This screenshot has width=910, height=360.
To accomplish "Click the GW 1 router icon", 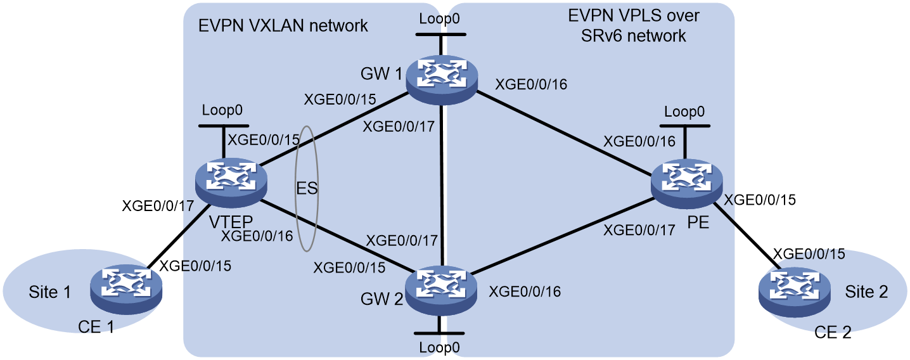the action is pyautogui.click(x=442, y=80).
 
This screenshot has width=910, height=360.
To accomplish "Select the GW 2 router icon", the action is pyautogui.click(x=441, y=290).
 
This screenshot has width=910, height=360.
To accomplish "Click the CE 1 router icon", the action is pyautogui.click(x=126, y=290).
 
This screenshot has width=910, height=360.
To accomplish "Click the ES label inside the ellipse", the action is pyautogui.click(x=307, y=188).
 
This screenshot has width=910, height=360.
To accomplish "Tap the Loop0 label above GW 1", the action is pyautogui.click(x=439, y=18).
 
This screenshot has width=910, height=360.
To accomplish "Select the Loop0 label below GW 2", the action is pyautogui.click(x=439, y=348).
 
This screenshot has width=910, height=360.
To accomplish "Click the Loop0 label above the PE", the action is pyautogui.click(x=684, y=112).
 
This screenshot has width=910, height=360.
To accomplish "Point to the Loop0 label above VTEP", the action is pyautogui.click(x=222, y=110).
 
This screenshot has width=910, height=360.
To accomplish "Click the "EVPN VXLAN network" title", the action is pyautogui.click(x=283, y=26).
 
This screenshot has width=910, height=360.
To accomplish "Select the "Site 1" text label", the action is pyautogui.click(x=49, y=292).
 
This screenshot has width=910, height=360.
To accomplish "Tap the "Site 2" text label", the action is pyautogui.click(x=866, y=292).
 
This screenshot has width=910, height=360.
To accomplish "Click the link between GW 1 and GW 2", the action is pyautogui.click(x=442, y=185).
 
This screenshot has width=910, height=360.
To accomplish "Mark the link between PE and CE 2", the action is pyautogui.click(x=747, y=235).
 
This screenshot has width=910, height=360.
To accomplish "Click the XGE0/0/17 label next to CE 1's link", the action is pyautogui.click(x=158, y=206).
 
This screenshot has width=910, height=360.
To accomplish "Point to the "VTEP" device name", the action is pyautogui.click(x=231, y=222).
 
